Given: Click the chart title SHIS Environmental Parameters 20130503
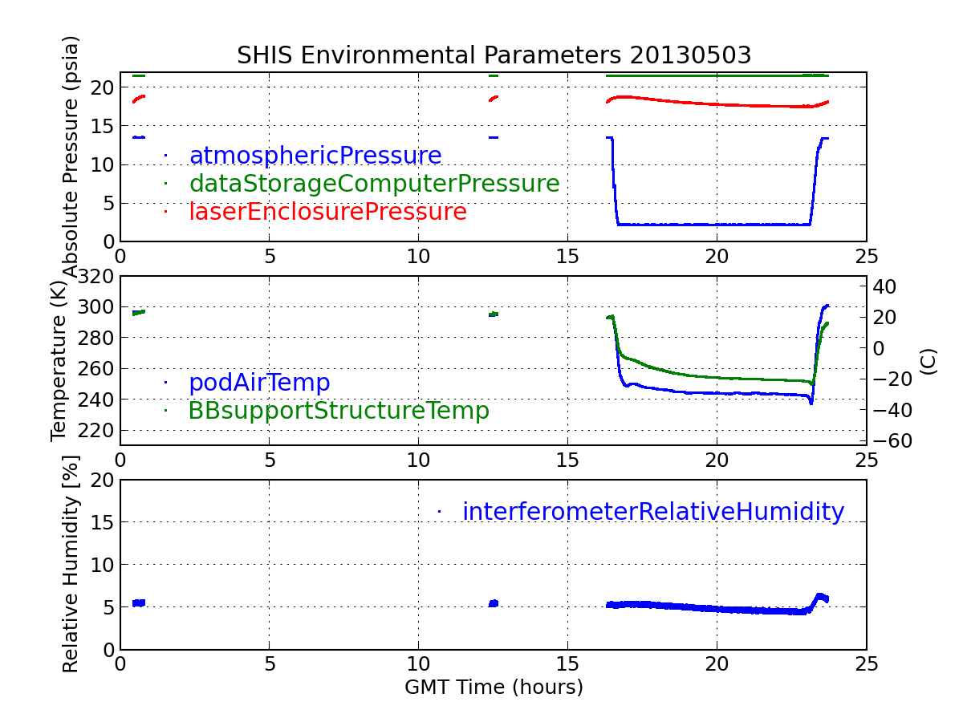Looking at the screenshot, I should tap(494, 55).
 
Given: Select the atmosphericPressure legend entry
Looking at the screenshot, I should tap(315, 156).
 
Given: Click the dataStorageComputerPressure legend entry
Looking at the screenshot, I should tap(374, 184).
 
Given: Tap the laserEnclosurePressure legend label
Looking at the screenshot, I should tap(327, 212).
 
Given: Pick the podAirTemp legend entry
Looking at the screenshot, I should tap(259, 383).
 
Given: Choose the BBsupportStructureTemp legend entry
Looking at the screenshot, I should tap(339, 411).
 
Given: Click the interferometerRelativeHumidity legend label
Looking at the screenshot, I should tap(652, 512).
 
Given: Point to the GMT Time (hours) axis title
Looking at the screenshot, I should tap(494, 688).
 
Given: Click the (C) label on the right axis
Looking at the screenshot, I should tap(928, 361).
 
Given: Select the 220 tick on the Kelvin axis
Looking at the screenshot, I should tap(96, 431).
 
